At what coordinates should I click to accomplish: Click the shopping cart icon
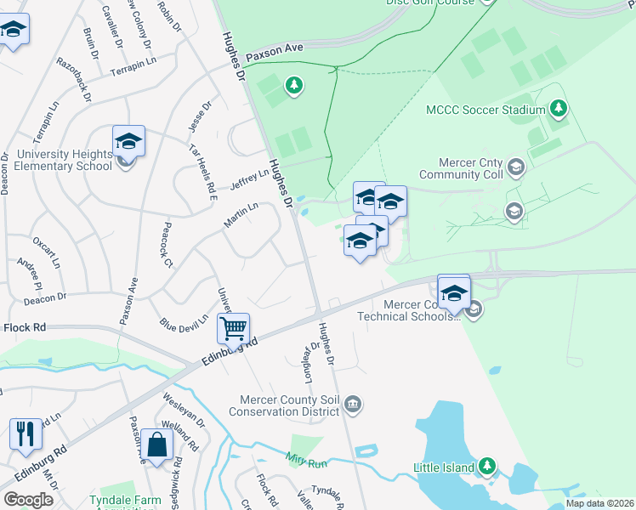click(x=233, y=327)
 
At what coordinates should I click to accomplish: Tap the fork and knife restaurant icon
click(x=26, y=434)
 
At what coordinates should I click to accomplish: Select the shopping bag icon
click(x=156, y=444)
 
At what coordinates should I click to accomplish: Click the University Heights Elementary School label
click(x=57, y=160)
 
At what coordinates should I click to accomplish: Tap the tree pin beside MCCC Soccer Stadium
click(x=558, y=108)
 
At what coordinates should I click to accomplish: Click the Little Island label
click(x=442, y=467)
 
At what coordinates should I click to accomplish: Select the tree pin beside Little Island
click(x=487, y=466)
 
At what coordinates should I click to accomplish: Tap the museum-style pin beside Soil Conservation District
click(x=355, y=404)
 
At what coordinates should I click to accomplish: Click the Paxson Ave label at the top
click(x=275, y=52)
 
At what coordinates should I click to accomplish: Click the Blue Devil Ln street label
click(x=184, y=324)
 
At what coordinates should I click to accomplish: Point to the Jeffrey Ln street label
click(x=249, y=176)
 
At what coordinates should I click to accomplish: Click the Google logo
click(x=28, y=500)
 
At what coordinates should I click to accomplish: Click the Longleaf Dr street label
click(x=309, y=361)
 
